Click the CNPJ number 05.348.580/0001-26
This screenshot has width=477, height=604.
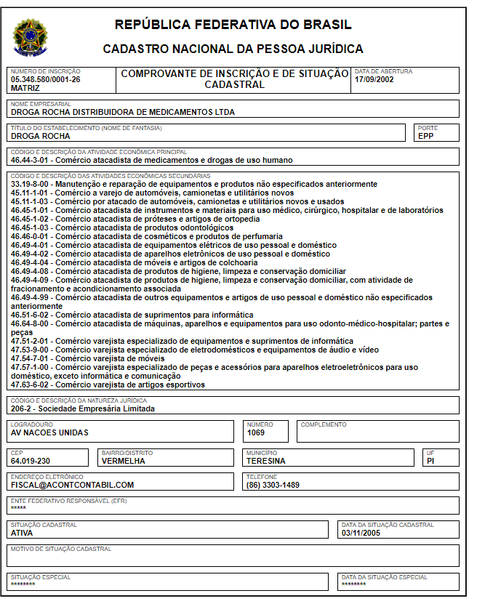(x=46, y=79)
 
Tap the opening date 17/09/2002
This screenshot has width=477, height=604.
(x=373, y=79)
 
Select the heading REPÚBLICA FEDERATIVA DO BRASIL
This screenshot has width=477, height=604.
(x=233, y=25)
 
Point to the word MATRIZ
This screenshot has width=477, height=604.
(x=25, y=87)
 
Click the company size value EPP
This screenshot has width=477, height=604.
(x=425, y=136)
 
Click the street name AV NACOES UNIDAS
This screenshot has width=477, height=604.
(x=49, y=432)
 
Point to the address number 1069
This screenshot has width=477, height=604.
(x=255, y=432)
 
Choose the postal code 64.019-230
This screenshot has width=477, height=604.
(x=31, y=461)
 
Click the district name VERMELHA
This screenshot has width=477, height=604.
(x=123, y=461)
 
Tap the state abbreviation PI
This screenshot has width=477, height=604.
(x=431, y=461)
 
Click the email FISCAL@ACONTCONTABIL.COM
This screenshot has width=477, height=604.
(x=72, y=485)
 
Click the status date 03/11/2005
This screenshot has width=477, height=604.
(x=361, y=533)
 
